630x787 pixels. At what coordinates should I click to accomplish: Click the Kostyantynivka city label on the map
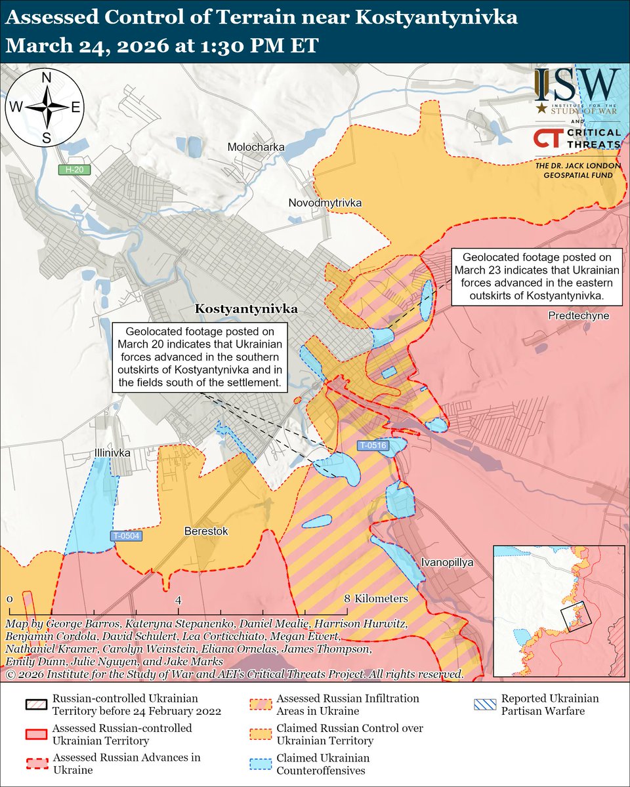pyautogui.click(x=246, y=308)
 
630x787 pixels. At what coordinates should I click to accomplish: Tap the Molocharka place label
pyautogui.click(x=255, y=148)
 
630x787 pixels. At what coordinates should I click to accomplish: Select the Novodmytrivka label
pyautogui.click(x=325, y=203)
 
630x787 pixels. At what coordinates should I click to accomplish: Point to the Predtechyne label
pyautogui.click(x=579, y=316)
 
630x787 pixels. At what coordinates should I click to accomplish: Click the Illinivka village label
pyautogui.click(x=112, y=453)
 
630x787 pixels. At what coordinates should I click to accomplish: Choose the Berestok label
pyautogui.click(x=206, y=531)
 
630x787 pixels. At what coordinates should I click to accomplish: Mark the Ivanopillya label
pyautogui.click(x=447, y=563)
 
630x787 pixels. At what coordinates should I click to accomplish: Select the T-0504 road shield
pyautogui.click(x=125, y=536)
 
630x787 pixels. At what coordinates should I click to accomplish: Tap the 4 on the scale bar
pyautogui.click(x=178, y=599)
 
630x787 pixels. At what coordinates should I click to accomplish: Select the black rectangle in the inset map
pyautogui.click(x=576, y=616)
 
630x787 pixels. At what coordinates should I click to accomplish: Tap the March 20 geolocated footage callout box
pyautogui.click(x=201, y=357)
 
